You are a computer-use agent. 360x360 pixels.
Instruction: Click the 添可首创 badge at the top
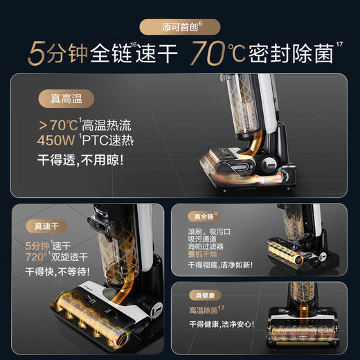tap(179, 27)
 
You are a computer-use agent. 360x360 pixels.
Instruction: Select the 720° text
tap(39, 257)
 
